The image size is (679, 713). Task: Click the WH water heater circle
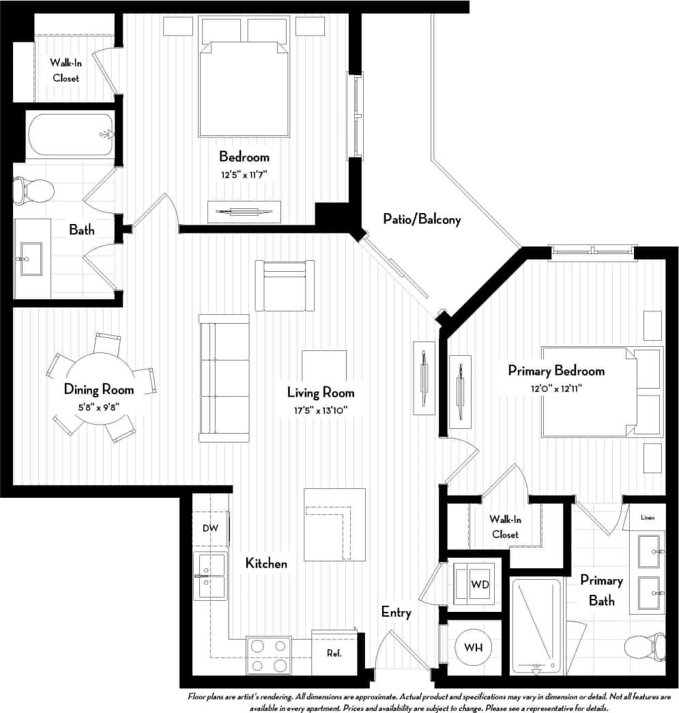coord(474,647)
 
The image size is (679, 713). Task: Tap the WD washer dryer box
coord(474,585)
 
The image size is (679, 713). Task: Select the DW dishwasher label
coord(210,528)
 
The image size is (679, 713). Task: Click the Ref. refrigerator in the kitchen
coord(334,653)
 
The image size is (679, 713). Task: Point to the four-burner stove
coord(268,655)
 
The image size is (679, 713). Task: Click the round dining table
coord(100,388)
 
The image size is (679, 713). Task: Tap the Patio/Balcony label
coord(422,220)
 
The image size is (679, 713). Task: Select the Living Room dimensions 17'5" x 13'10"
coord(321,410)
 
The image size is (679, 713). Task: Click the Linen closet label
coord(647,518)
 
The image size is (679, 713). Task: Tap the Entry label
coord(396,612)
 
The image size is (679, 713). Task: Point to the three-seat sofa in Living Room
coord(224,378)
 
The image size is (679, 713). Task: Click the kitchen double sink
coord(210,576)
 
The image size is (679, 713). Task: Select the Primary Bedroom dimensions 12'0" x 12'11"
coord(555,387)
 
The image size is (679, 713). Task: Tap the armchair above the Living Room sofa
coord(285,285)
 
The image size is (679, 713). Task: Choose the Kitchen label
coord(266,563)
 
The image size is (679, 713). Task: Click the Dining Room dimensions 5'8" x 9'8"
coord(98,407)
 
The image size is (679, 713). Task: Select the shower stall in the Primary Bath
coord(536,625)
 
